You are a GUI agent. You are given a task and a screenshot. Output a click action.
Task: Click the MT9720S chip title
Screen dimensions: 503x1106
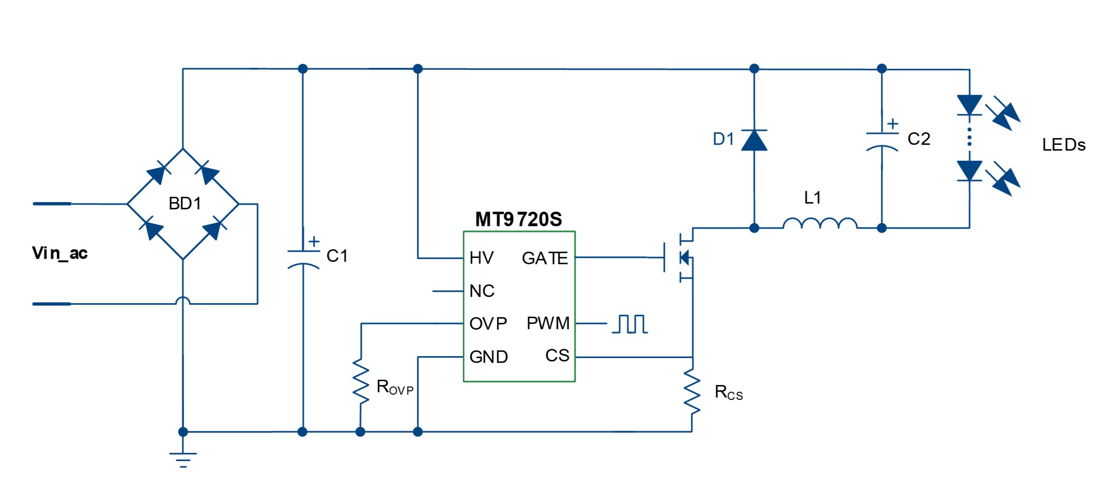coord(518,219)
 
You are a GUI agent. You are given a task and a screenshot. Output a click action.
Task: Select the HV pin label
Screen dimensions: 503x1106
coord(482,258)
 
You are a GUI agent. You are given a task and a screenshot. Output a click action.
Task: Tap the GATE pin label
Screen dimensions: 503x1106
coord(545,258)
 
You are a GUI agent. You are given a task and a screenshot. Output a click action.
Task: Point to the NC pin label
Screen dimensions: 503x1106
coord(482,291)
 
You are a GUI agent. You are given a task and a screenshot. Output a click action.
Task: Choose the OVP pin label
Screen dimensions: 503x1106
coord(488,323)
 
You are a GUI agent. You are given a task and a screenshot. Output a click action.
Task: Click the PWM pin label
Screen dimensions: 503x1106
coord(548,323)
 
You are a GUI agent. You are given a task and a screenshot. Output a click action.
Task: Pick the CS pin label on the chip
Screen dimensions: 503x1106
coord(557,356)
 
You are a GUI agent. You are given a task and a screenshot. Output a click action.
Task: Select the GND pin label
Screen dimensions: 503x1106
coord(488,357)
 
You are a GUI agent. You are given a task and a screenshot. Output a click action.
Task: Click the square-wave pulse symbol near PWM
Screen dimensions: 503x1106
coord(630,324)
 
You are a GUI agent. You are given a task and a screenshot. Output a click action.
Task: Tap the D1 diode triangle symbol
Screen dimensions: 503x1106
coord(754,140)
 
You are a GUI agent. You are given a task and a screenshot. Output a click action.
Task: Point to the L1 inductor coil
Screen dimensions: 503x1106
coord(820,224)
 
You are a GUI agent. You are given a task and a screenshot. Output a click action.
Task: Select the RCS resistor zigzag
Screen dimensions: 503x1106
coord(692,391)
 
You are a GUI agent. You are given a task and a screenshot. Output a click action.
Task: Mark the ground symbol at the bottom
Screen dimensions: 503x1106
coord(183,460)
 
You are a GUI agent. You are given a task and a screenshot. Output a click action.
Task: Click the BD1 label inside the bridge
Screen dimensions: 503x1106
coord(185,204)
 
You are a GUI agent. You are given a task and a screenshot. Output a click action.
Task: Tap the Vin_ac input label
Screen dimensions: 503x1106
coord(60,253)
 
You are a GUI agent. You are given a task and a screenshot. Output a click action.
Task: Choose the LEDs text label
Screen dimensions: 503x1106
coord(1064,145)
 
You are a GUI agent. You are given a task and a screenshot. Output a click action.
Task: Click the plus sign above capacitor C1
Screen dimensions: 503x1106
coord(314,241)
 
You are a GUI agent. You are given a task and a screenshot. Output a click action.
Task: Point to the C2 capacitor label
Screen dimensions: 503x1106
coord(918,139)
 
